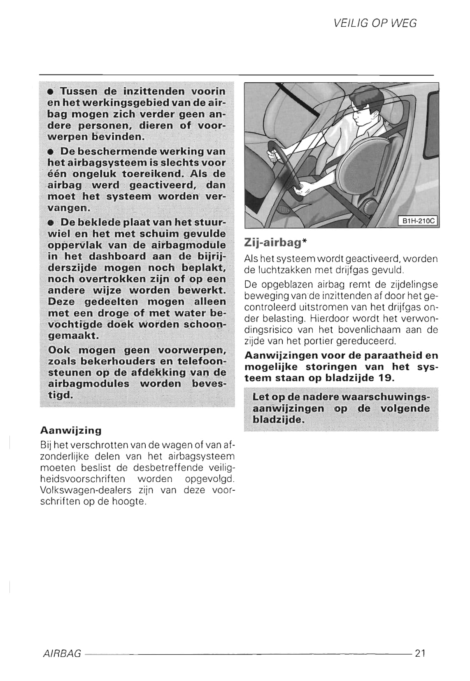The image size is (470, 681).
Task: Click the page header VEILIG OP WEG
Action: click(x=375, y=23)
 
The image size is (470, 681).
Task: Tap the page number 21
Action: click(x=420, y=653)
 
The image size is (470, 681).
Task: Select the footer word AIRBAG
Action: click(x=62, y=654)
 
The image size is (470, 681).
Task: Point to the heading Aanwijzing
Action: click(x=71, y=430)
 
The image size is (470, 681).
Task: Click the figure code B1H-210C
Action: click(x=418, y=221)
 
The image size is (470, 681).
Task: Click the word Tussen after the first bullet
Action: click(x=79, y=91)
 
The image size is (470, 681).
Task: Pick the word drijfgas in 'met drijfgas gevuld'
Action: click(x=363, y=271)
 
